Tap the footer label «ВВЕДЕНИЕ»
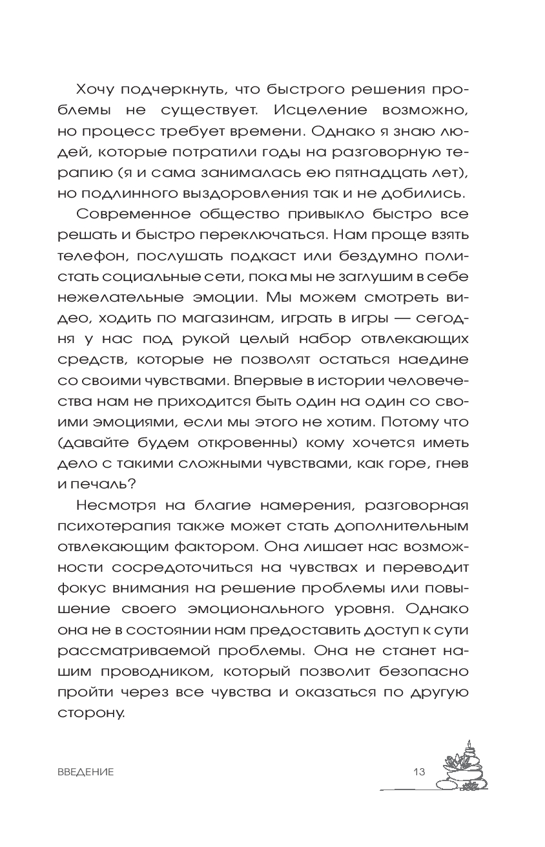pyautogui.click(x=85, y=771)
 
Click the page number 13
pyautogui.click(x=419, y=771)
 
